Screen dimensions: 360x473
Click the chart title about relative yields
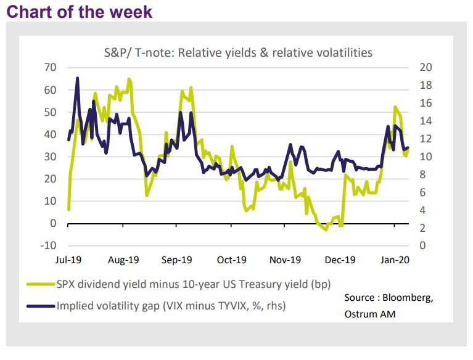[237, 52]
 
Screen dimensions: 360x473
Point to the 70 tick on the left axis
[50, 67]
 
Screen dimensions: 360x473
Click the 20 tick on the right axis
[426, 67]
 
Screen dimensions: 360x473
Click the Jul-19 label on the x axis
[68, 260]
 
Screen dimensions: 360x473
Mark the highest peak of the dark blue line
[77, 78]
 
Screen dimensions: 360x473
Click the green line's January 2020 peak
[395, 107]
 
